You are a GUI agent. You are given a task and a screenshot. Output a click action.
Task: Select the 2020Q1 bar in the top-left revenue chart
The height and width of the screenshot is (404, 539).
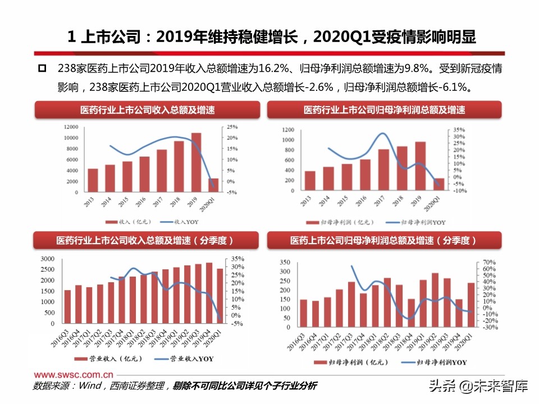coord(213,185)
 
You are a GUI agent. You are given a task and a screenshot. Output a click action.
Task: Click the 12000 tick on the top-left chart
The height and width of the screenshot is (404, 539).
coord(71,127)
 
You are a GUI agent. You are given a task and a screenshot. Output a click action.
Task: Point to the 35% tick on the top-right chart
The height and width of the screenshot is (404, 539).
coord(459,130)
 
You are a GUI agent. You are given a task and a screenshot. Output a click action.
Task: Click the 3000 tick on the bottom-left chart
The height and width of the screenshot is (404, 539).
coord(48,259)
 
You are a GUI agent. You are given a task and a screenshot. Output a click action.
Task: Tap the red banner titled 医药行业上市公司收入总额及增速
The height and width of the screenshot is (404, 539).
coord(148,110)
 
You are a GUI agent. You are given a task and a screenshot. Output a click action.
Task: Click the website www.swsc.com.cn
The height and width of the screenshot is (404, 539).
coord(74,374)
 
